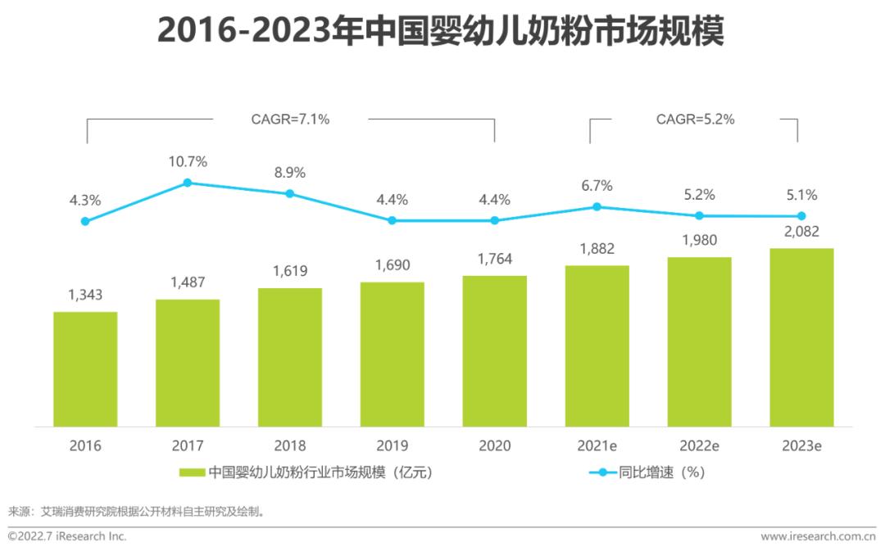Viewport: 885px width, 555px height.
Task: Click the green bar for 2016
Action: coord(85,369)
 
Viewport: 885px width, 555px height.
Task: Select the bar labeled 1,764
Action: coord(494,351)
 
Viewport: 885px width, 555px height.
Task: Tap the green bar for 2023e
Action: coord(801,337)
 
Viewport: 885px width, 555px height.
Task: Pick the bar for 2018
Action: coord(289,357)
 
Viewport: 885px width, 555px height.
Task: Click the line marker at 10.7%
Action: coord(188,183)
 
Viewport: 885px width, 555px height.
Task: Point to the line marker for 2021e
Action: coord(597,207)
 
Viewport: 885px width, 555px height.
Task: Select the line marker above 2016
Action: coord(85,221)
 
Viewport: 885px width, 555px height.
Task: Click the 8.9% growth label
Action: coord(289,173)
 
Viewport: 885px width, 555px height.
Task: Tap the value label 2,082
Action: coord(801,232)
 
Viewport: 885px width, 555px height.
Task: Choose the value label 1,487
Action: coord(188,282)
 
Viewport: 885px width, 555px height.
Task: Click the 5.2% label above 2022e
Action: coord(699,195)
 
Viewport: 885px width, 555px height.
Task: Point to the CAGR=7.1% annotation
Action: coord(290,120)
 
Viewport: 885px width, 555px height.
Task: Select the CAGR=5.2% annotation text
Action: coord(695,120)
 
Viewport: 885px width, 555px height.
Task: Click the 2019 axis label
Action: coord(392,446)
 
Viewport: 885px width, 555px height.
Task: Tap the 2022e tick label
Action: coord(699,446)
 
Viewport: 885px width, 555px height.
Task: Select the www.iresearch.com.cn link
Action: coord(818,537)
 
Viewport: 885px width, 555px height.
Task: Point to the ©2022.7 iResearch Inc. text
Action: coord(67,537)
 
